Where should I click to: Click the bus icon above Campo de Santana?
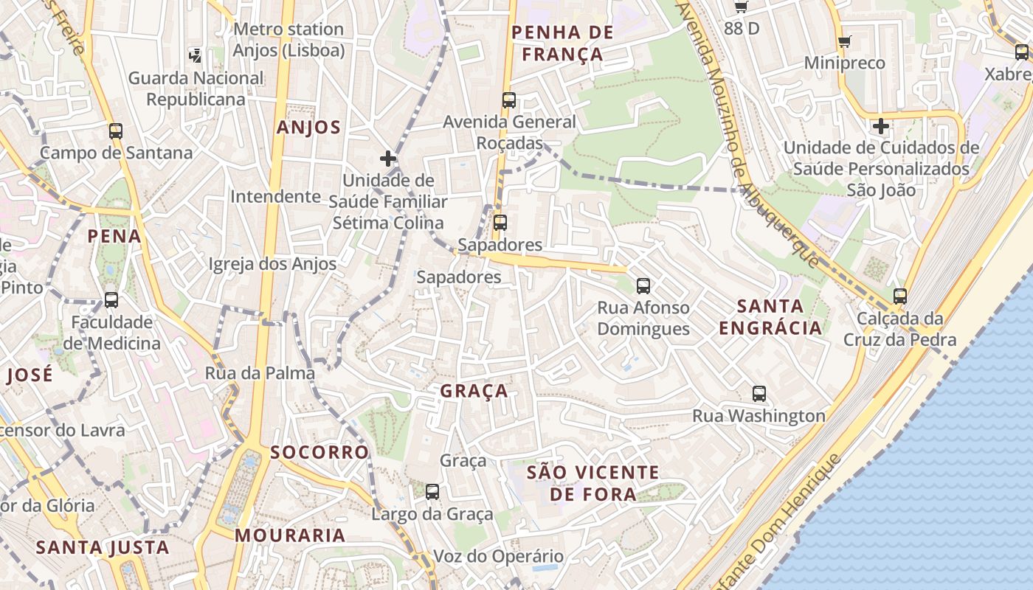tap(116, 131)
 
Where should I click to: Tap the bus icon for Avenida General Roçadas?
tap(508, 100)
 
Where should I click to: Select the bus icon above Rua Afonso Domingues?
tap(643, 286)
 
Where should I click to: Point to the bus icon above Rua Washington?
tap(759, 394)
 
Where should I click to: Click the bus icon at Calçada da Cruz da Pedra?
tap(900, 296)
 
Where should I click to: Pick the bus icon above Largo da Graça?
tap(432, 491)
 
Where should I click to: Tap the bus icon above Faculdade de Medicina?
tap(111, 300)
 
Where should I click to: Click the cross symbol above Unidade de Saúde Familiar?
tap(388, 159)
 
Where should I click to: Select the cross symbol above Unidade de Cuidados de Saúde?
tap(880, 126)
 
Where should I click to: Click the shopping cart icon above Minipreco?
tap(845, 41)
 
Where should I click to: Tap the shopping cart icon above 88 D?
tap(742, 7)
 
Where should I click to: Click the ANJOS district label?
tap(308, 128)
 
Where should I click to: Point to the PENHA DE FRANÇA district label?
tap(562, 44)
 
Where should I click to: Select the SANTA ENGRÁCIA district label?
tap(770, 317)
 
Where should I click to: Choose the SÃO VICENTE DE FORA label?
tap(592, 483)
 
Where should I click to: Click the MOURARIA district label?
tap(290, 535)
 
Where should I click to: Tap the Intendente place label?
tap(275, 197)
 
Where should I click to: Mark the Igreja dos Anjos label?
tap(272, 264)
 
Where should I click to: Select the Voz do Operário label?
tap(498, 557)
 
